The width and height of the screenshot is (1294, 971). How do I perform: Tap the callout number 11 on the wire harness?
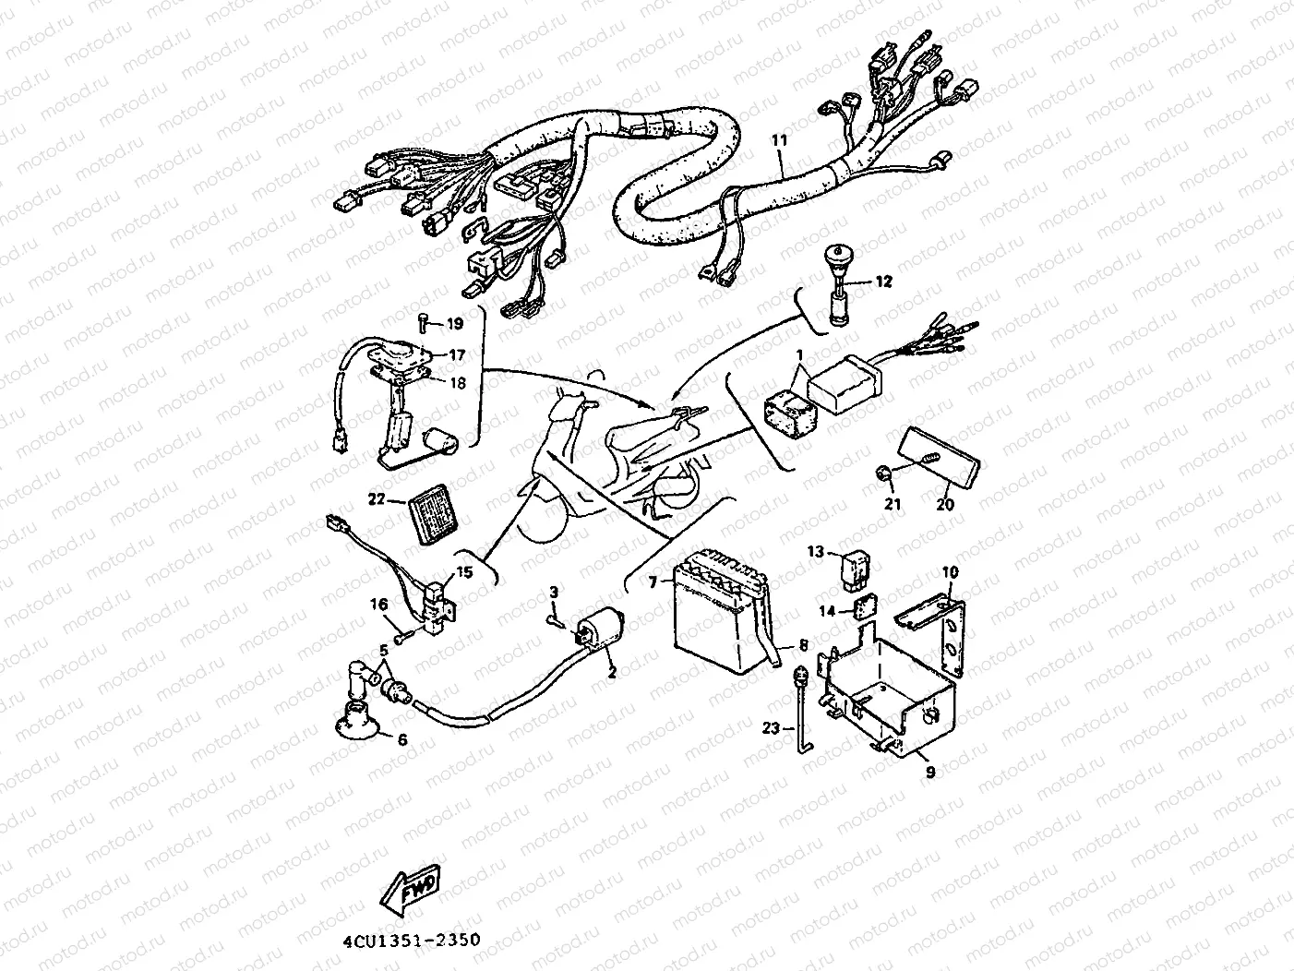click(x=780, y=141)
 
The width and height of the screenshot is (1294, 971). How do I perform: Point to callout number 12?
click(x=884, y=282)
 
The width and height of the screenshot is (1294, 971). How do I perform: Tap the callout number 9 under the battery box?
click(x=930, y=772)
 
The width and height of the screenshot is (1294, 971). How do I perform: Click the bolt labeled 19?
click(x=422, y=322)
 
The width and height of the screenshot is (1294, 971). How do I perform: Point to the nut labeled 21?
click(x=884, y=474)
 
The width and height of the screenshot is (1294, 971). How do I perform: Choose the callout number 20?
click(x=945, y=505)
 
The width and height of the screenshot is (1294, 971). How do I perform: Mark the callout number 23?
click(x=773, y=727)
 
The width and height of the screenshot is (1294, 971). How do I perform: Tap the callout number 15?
click(x=464, y=572)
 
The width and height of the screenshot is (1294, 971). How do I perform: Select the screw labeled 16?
click(x=401, y=636)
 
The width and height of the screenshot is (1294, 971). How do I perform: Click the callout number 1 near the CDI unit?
click(x=800, y=354)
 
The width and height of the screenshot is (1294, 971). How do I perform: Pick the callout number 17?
click(x=456, y=354)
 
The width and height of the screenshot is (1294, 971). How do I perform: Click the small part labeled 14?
click(x=863, y=609)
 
